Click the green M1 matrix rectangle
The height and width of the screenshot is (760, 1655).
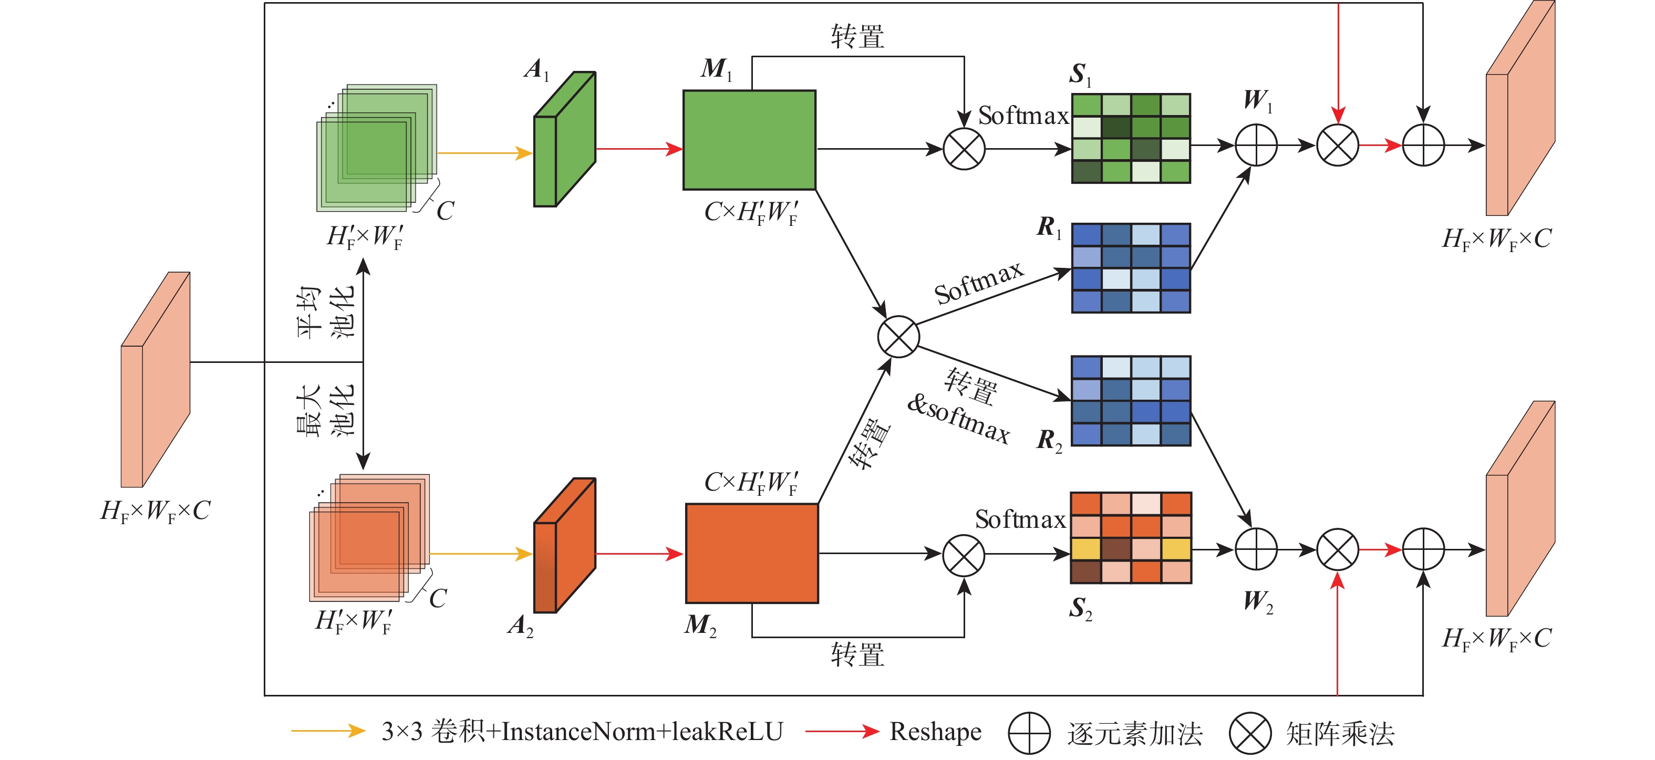749,140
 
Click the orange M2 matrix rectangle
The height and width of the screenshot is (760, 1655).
752,553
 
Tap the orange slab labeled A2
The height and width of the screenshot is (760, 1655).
565,546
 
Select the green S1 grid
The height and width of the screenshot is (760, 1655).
1131,139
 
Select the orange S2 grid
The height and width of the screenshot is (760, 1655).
1131,538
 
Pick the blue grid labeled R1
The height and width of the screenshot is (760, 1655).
1131,268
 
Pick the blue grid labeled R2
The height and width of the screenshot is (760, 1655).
1131,401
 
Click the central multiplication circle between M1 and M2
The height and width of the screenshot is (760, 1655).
898,337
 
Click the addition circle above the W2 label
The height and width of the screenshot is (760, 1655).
1256,549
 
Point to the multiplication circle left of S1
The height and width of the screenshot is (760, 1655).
964,149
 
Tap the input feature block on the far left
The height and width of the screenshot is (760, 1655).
156,380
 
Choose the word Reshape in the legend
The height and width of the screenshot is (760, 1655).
935,732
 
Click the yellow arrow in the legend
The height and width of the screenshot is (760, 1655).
328,731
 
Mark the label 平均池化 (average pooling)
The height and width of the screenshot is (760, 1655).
325,311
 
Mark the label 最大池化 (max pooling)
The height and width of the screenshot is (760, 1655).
325,410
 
